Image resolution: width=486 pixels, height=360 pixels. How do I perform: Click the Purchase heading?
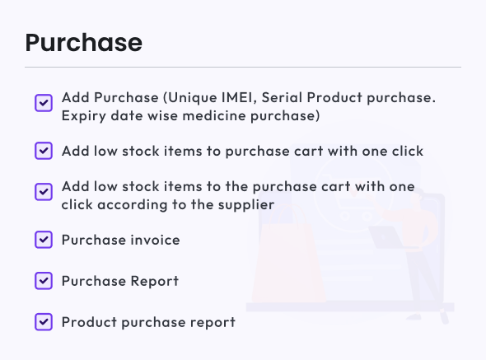pos(84,43)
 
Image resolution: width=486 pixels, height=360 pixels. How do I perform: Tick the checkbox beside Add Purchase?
pos(44,103)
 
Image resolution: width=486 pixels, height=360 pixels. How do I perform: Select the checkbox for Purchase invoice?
pos(44,240)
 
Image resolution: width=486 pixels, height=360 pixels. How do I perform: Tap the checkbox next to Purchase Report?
pos(44,281)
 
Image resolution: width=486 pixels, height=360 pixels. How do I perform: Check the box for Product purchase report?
pos(44,321)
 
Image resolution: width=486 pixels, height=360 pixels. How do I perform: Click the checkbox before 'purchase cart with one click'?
pos(44,151)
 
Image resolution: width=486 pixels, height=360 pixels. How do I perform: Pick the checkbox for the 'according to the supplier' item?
pos(44,192)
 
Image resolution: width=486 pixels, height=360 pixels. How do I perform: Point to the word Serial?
pos(282,97)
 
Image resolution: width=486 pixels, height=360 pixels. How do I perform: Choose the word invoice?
pos(155,240)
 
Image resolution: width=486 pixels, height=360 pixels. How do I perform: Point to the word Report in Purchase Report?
pos(154,281)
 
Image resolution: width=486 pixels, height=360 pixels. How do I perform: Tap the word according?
pos(133,205)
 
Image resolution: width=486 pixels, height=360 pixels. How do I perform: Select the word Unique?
pos(193,98)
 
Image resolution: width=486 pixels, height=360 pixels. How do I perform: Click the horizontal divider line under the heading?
pos(243,67)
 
